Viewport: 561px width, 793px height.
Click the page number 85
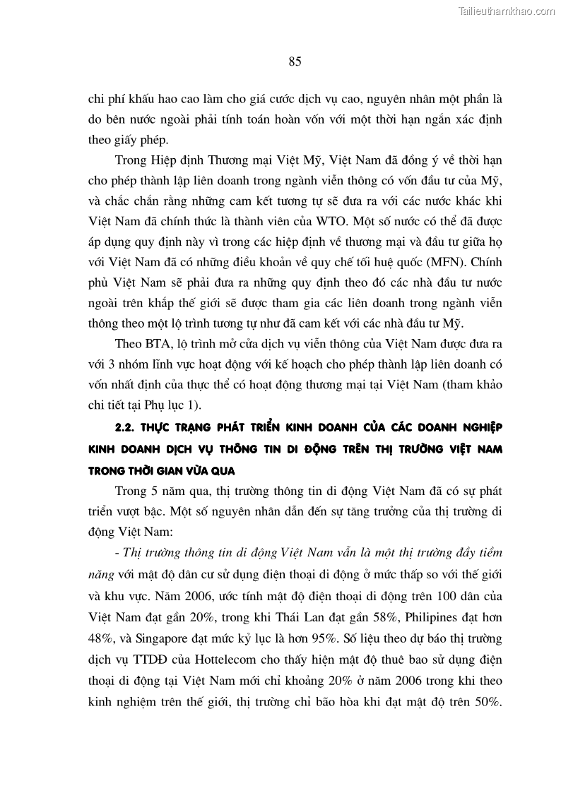click(295, 61)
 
